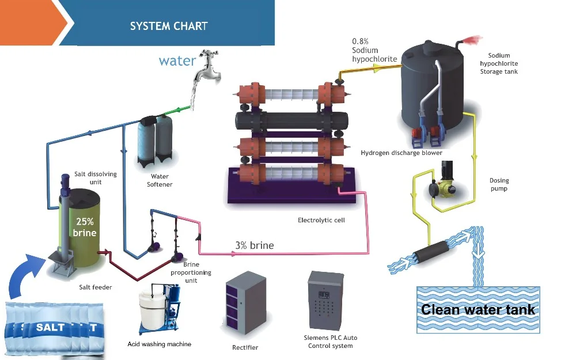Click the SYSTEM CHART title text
(169, 26)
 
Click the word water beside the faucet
(177, 60)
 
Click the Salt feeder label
(96, 286)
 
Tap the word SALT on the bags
(51, 327)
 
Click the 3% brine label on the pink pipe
(254, 245)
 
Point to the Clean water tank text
(478, 309)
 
